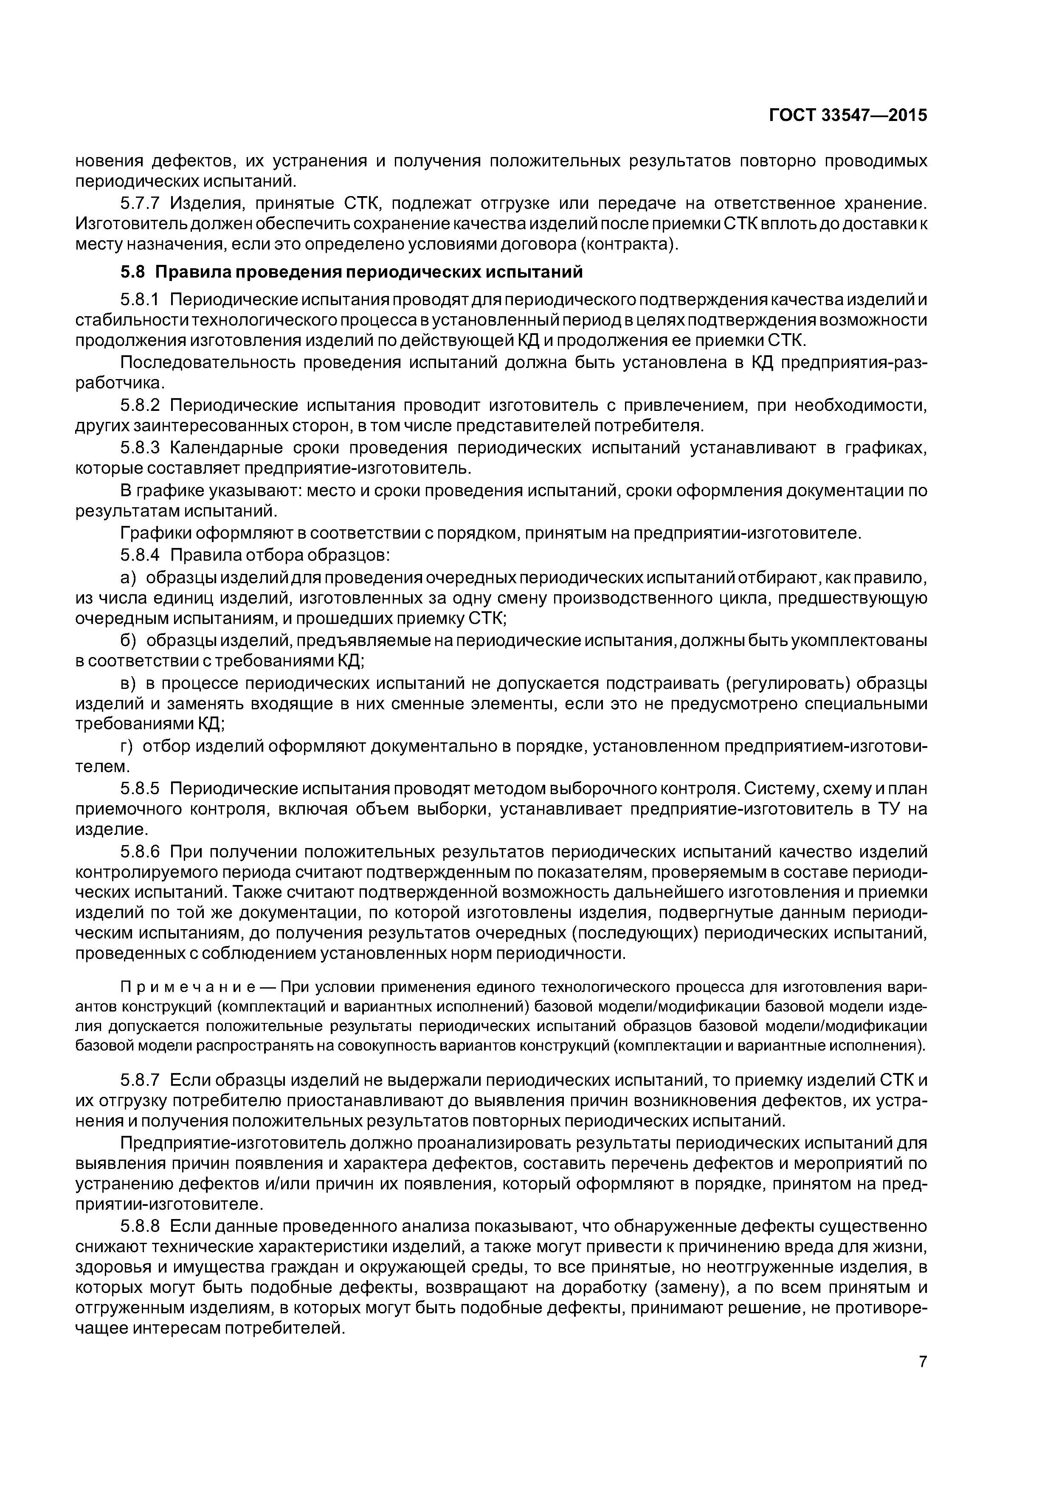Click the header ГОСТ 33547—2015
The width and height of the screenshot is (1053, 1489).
[848, 115]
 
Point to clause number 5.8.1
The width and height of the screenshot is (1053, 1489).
[140, 300]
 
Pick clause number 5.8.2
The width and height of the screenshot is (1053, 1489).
[140, 405]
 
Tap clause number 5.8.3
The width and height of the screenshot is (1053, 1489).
[140, 448]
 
